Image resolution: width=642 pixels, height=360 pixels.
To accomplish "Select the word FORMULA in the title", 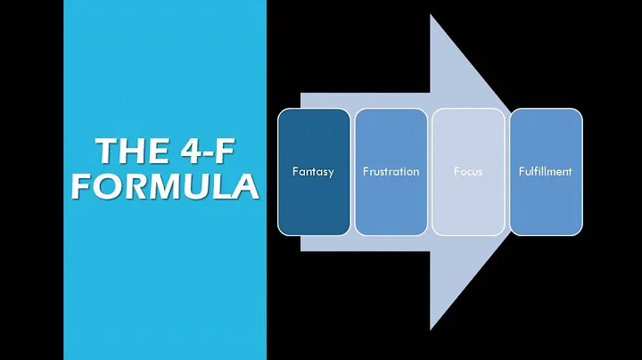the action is (x=165, y=187).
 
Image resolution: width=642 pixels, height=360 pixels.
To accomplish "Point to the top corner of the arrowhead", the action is (x=432, y=16).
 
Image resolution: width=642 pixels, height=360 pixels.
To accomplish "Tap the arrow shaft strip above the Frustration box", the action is (x=390, y=100).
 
